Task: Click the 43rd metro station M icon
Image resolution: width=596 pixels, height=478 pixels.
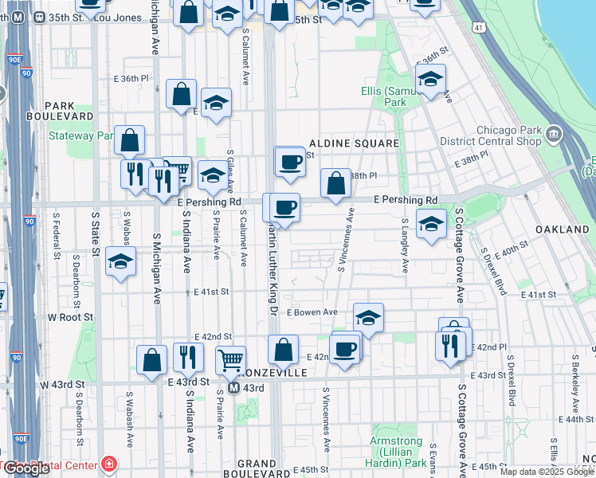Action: tap(234, 388)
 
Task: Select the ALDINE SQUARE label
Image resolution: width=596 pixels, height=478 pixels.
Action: tap(352, 143)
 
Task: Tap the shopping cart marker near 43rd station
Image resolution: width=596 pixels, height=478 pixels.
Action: tap(230, 360)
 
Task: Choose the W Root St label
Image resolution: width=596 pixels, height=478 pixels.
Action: tap(70, 317)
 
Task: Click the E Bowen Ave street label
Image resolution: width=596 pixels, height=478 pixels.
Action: tap(313, 312)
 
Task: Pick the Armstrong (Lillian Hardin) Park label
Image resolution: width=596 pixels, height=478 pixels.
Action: tap(398, 452)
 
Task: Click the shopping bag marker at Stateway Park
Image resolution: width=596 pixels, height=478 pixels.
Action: tap(129, 140)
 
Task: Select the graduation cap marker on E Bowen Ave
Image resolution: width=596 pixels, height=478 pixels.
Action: tap(367, 318)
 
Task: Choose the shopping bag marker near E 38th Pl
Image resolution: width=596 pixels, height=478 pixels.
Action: tap(336, 182)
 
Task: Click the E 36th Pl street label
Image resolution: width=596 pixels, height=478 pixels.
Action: tap(131, 79)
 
